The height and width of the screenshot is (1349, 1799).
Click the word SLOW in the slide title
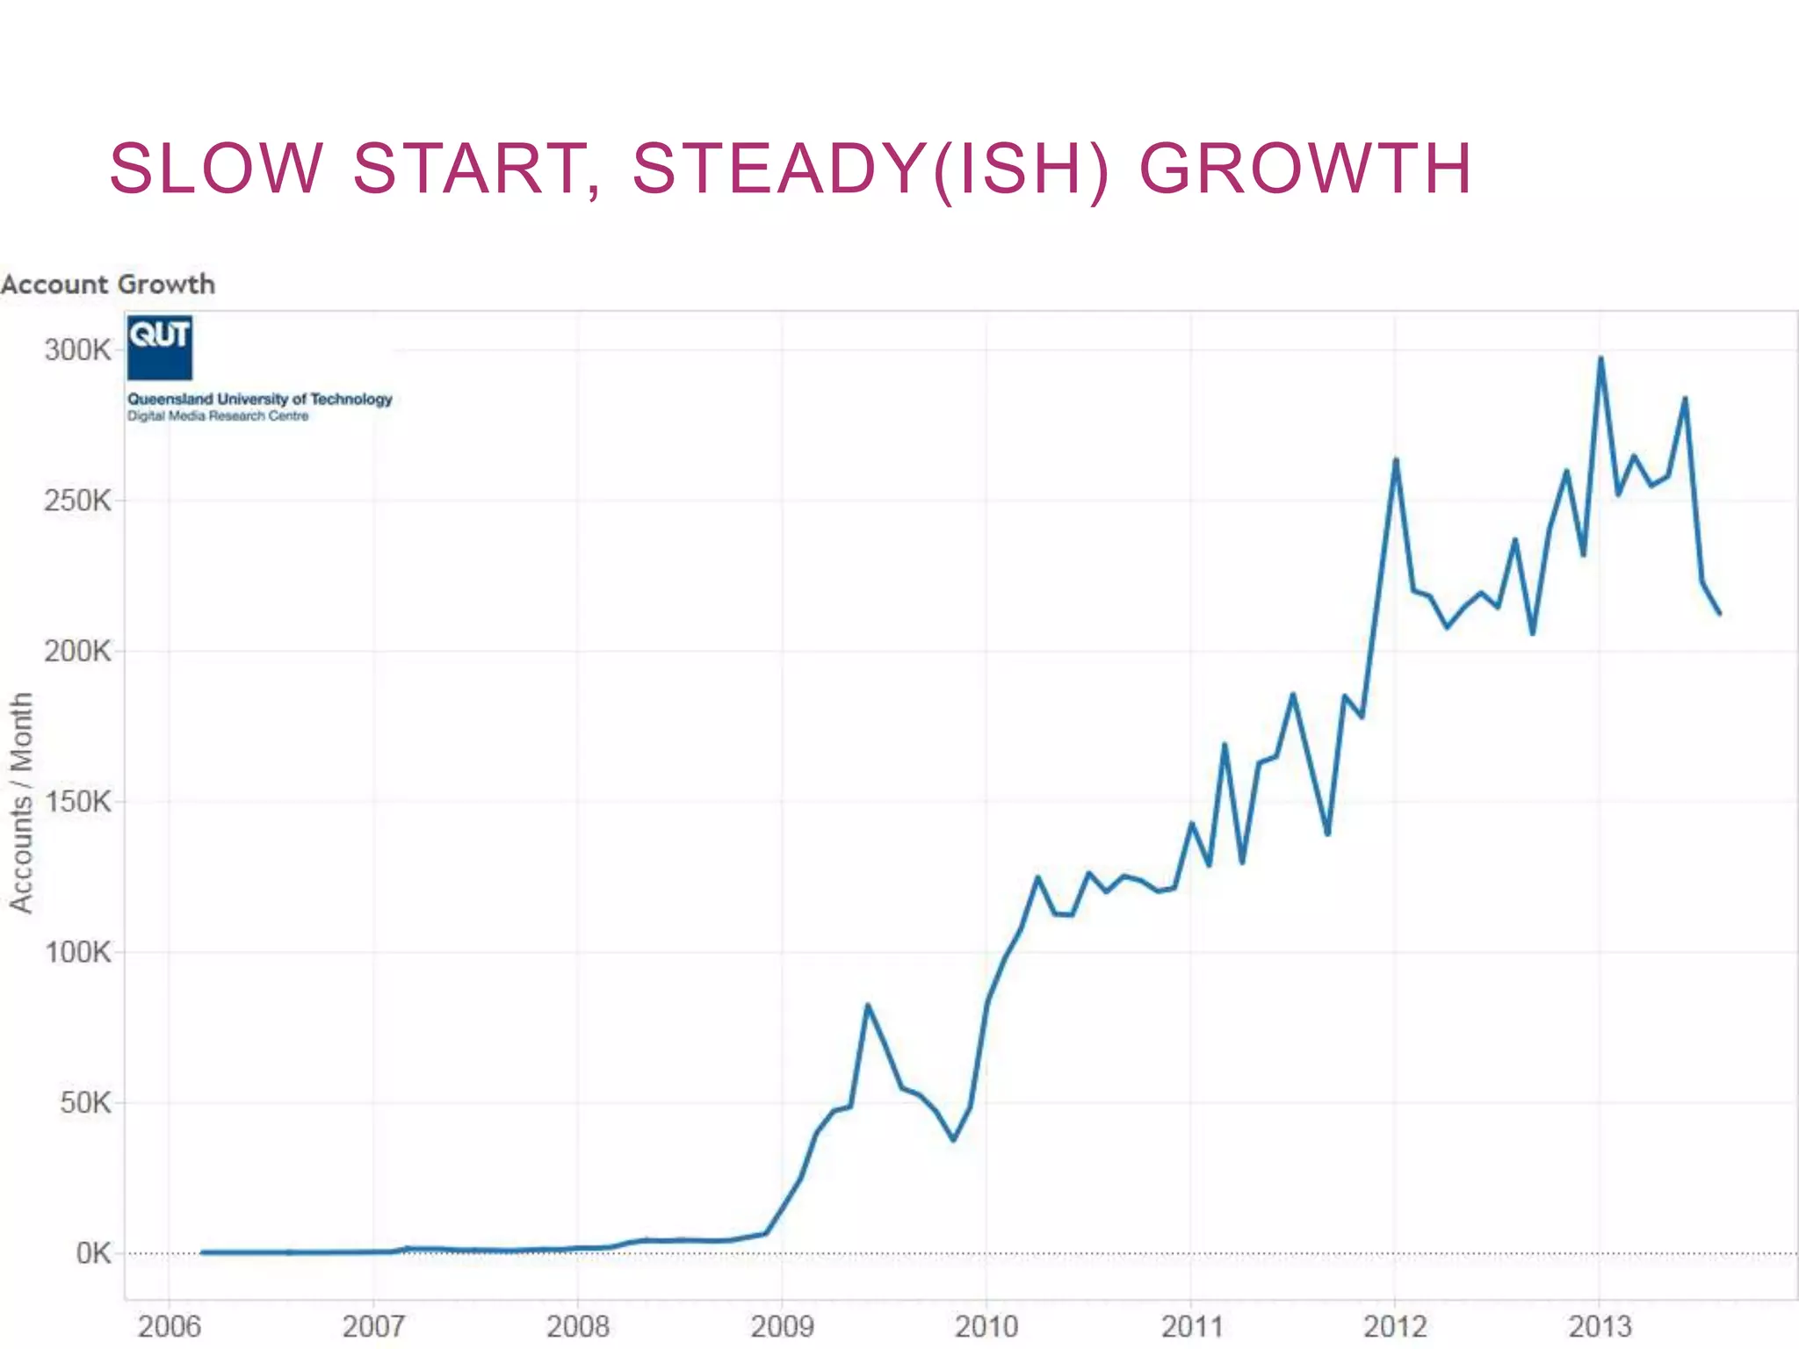[216, 169]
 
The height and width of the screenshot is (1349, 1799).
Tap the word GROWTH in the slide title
[1305, 169]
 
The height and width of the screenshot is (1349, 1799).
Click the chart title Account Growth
[108, 285]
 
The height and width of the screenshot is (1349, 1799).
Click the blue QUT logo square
[160, 348]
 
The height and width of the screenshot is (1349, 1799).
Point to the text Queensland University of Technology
[260, 399]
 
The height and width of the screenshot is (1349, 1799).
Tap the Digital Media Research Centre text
[218, 416]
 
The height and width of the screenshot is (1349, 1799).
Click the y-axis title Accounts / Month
[21, 803]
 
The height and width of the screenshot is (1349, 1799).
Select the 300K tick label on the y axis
[77, 350]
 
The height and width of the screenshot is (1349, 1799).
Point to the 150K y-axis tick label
[77, 802]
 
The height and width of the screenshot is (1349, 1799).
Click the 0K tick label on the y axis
[92, 1253]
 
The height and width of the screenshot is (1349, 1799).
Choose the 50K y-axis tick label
[85, 1103]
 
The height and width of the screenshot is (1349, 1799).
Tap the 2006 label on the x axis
[169, 1326]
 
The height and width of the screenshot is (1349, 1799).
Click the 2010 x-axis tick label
[986, 1326]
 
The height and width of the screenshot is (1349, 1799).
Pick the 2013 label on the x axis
[1599, 1326]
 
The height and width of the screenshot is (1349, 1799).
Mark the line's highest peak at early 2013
[1600, 358]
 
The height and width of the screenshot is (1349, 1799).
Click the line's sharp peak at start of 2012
[1396, 459]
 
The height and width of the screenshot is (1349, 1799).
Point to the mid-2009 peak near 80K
[867, 1005]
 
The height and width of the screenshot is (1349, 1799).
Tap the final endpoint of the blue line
[1719, 613]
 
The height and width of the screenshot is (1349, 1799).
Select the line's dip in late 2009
[953, 1139]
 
